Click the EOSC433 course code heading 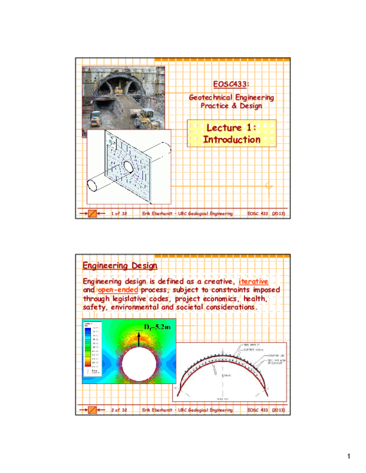point(231,84)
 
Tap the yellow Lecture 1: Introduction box point(231,133)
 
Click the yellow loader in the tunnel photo point(146,115)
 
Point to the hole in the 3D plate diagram point(129,166)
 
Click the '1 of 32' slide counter point(118,214)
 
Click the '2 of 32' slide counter point(118,410)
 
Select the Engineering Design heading point(120,266)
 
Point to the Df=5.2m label point(157,327)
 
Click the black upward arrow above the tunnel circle point(139,338)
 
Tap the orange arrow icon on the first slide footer point(93,214)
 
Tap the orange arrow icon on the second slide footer point(93,410)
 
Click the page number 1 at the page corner point(348,457)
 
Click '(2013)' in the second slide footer point(278,410)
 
